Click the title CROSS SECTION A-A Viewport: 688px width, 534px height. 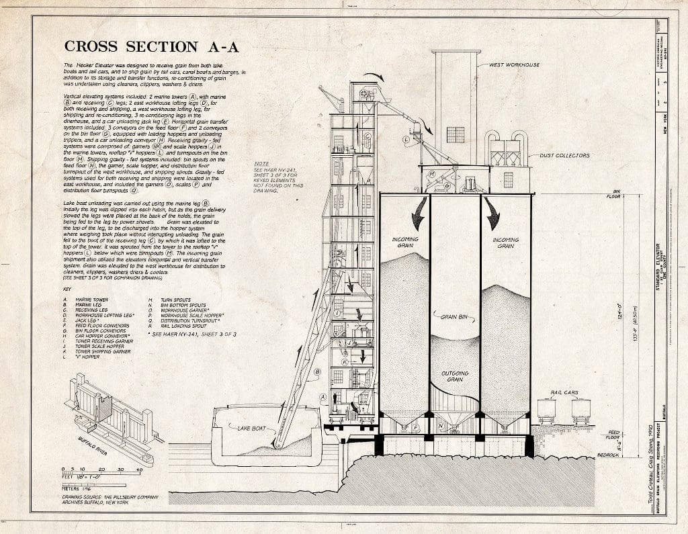click(x=150, y=46)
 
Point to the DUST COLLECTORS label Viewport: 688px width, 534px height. click(x=564, y=155)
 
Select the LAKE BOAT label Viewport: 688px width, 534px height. click(x=249, y=427)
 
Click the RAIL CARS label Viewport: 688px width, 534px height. click(x=564, y=393)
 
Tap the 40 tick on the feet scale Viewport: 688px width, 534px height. click(x=139, y=470)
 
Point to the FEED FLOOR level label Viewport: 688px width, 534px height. click(x=613, y=435)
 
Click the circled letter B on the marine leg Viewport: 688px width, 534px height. click(x=318, y=371)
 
